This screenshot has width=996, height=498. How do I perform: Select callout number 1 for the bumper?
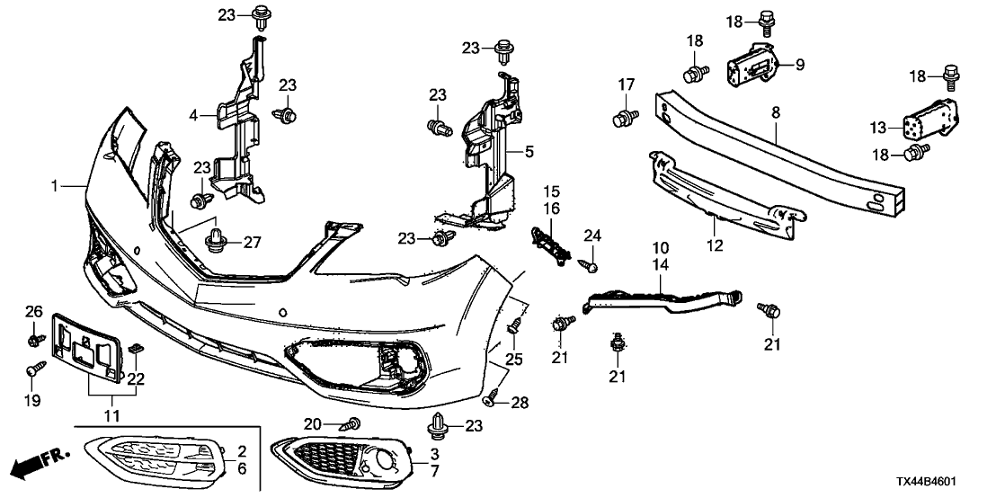click(56, 186)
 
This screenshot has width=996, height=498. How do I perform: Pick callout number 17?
click(626, 86)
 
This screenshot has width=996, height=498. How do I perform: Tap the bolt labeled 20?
click(354, 422)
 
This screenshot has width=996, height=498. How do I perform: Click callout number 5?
click(529, 153)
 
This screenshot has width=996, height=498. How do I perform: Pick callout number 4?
click(192, 114)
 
